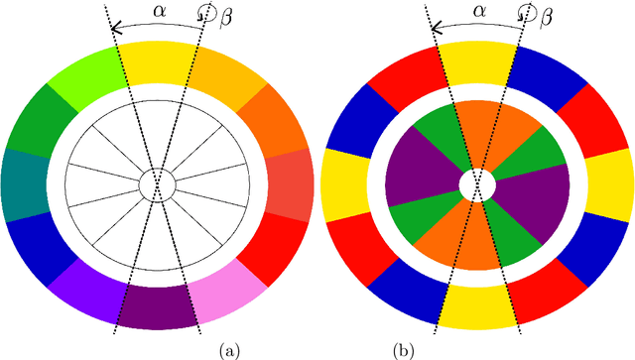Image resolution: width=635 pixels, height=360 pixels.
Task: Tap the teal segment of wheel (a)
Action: pos(24,184)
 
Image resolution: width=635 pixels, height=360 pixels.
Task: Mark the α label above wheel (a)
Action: pos(160,11)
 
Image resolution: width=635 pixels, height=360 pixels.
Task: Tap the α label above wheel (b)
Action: pos(478,11)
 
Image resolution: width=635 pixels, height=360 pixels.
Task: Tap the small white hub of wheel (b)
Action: pos(477,184)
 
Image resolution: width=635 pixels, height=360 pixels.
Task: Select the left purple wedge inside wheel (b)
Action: pos(418,184)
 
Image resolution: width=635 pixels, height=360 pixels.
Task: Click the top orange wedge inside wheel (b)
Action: pos(477,129)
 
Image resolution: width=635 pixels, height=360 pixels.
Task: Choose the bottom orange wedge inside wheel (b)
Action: pos(477,238)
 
